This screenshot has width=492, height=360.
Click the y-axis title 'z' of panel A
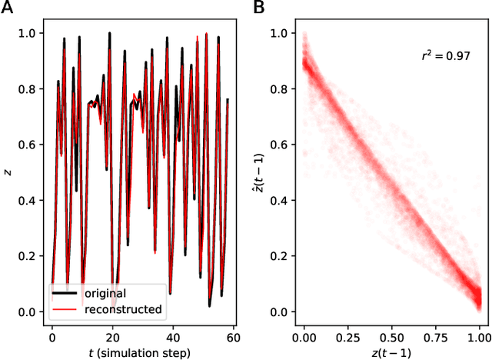point(8,173)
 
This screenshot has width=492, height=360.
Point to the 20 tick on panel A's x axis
point(112,336)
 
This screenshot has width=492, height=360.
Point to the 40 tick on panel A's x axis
point(173,336)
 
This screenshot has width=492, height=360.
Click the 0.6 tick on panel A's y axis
point(26,145)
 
